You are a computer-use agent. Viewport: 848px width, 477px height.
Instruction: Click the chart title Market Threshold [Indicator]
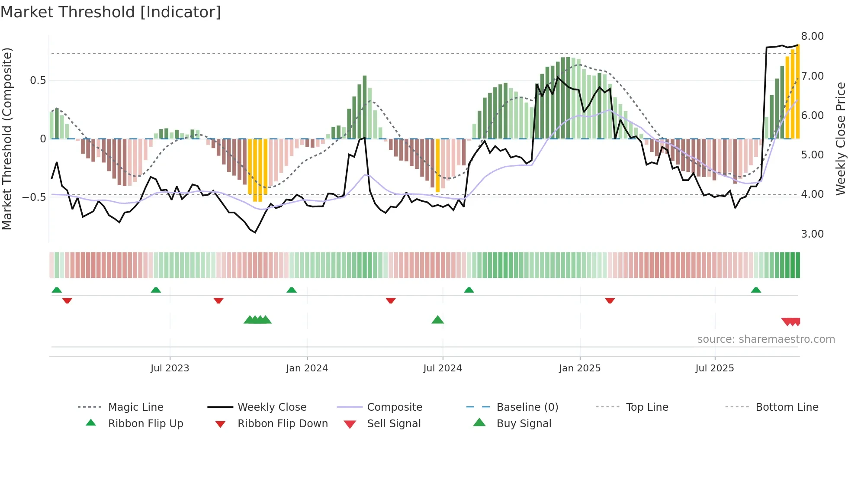[111, 12]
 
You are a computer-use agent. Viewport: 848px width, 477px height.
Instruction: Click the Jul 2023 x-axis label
[170, 368]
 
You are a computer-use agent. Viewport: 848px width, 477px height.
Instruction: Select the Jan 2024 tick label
[307, 368]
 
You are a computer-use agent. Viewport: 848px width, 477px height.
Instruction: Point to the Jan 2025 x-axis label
[579, 368]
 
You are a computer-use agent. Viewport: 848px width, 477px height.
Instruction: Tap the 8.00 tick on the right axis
[812, 36]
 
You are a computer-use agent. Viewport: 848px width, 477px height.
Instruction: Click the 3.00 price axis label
[812, 234]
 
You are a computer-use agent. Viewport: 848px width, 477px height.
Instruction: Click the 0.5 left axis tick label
[38, 81]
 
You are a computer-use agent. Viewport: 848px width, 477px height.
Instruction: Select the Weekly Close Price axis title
[840, 139]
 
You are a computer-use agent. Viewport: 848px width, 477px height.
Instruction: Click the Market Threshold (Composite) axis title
[7, 139]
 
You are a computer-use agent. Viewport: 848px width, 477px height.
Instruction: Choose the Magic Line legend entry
[135, 407]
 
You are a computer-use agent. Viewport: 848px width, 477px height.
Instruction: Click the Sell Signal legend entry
[393, 424]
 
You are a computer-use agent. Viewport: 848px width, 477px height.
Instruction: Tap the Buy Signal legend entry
[524, 424]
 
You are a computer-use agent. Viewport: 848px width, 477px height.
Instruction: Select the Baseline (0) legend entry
[527, 407]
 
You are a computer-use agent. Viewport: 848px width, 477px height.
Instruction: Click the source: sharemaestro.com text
[766, 339]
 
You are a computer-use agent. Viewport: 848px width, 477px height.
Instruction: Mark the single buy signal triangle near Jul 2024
[437, 320]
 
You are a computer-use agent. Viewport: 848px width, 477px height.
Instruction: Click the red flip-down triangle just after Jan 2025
[610, 300]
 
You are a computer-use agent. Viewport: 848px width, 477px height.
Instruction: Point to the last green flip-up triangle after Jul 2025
[755, 290]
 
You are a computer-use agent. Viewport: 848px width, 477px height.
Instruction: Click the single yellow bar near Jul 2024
[437, 165]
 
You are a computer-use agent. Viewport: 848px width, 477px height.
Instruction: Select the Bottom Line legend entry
[787, 407]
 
